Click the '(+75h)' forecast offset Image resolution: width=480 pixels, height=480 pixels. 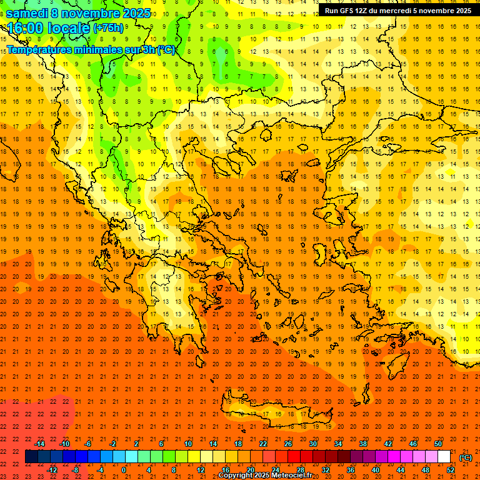point(108,28)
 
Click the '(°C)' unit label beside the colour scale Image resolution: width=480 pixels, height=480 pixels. point(466,457)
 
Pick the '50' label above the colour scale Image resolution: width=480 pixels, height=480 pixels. point(438,444)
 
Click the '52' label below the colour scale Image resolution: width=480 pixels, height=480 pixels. point(451,470)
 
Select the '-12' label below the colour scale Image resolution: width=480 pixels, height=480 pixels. point(52,470)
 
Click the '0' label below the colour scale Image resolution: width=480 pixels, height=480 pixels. point(124,470)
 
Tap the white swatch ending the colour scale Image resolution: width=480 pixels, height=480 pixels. point(444,457)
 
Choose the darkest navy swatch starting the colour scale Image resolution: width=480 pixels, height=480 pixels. point(31,457)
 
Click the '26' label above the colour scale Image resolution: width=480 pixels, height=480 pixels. point(288,444)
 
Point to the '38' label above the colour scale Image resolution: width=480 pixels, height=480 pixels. point(363,444)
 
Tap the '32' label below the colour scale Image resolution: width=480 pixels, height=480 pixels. point(326,470)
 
